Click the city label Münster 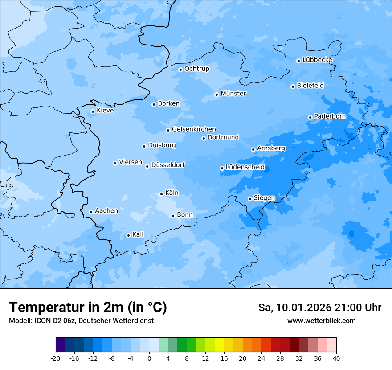233,94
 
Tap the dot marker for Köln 161,194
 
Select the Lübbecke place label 317,60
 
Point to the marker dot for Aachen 91,212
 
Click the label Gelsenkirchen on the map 194,129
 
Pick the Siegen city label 264,198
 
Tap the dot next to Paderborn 310,117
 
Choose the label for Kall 138,234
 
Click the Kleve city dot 93,111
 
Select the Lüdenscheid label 245,167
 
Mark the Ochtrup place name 196,69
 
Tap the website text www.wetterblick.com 321,321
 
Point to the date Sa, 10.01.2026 294,308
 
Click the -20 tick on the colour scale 56,358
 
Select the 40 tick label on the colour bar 336,358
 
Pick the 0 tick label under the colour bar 149,358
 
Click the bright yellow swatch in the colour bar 219,345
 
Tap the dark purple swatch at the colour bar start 60,345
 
